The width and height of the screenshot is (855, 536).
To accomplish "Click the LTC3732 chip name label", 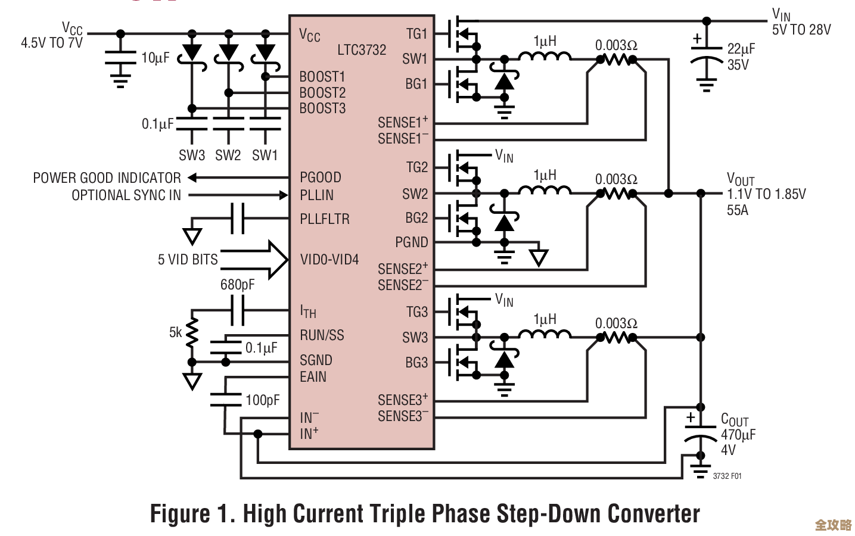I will pyautogui.click(x=362, y=50).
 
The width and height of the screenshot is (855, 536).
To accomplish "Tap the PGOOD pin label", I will pyautogui.click(x=321, y=177).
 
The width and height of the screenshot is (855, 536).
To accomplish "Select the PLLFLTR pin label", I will pyautogui.click(x=325, y=219).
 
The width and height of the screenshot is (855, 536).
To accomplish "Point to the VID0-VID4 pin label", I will pyautogui.click(x=329, y=260).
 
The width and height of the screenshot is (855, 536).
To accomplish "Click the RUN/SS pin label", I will pyautogui.click(x=322, y=335).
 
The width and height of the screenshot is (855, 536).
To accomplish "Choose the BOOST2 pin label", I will pyautogui.click(x=322, y=93).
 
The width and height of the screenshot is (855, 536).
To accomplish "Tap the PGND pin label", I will pyautogui.click(x=412, y=242).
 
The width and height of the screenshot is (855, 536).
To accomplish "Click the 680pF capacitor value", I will pyautogui.click(x=237, y=285).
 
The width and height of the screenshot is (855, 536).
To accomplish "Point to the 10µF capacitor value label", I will pyautogui.click(x=155, y=58).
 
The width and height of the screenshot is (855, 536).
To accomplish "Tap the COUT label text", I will pyautogui.click(x=735, y=420).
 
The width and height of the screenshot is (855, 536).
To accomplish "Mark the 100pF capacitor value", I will pyautogui.click(x=262, y=400).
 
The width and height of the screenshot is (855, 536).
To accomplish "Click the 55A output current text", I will pyautogui.click(x=737, y=210).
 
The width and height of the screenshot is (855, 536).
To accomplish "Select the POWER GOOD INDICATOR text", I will pyautogui.click(x=107, y=178).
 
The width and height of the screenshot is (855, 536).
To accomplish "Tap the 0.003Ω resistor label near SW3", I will pyautogui.click(x=616, y=323).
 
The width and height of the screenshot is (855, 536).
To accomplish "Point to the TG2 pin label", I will pyautogui.click(x=417, y=167).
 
